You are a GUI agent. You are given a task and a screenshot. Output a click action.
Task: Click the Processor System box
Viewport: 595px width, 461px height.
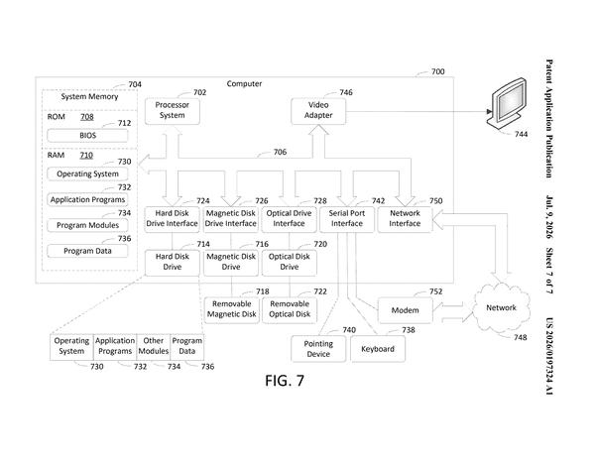173,111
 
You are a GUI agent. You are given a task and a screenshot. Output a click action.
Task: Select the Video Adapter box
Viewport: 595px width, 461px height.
318,111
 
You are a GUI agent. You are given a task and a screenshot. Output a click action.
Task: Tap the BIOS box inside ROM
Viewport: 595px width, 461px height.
87,136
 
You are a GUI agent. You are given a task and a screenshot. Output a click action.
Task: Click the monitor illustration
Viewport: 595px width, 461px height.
507,102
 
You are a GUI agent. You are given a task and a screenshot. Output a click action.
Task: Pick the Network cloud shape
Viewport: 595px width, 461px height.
501,307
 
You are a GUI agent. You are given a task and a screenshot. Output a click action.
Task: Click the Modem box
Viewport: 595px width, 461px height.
406,310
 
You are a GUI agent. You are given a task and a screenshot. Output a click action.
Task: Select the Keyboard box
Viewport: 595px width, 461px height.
378,349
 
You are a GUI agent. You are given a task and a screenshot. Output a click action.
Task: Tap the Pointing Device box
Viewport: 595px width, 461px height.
318,349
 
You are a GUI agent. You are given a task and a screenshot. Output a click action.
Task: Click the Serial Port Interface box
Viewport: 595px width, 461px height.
347,219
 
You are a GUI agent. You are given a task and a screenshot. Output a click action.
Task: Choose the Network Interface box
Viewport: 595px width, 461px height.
405,219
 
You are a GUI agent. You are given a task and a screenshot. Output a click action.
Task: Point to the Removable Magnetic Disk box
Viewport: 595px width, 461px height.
232,309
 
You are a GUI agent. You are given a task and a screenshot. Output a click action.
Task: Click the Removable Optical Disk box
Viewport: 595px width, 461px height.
290,309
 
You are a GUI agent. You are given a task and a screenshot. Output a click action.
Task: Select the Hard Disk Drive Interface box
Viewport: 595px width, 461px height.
173,219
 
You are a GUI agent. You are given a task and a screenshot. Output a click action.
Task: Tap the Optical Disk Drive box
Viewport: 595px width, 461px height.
290,262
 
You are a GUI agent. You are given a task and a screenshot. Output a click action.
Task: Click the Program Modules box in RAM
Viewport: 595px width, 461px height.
87,225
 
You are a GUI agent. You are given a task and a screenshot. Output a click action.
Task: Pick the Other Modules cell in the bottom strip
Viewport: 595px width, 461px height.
154,346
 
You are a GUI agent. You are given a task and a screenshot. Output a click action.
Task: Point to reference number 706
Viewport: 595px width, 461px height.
280,152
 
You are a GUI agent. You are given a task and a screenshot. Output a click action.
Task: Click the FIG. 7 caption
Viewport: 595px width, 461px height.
285,381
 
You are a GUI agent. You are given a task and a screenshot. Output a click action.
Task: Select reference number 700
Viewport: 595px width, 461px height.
438,71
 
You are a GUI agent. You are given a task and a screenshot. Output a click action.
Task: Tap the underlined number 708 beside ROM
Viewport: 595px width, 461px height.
87,117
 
